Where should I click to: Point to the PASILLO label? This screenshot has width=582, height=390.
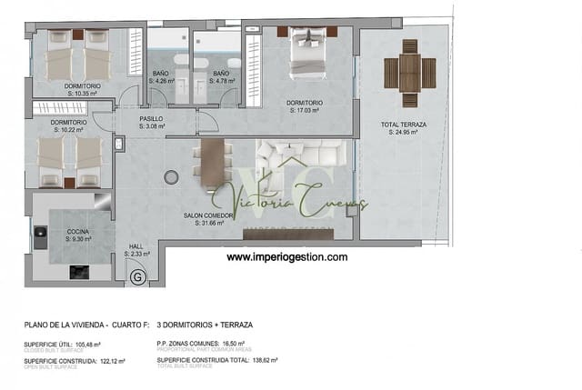click(x=152, y=122)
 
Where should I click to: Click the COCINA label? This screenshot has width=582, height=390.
click(x=77, y=235)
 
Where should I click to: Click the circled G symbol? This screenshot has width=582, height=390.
click(x=137, y=277)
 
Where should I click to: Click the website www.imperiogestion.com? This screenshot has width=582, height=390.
click(x=286, y=257)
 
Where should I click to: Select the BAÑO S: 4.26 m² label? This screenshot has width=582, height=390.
click(x=166, y=76)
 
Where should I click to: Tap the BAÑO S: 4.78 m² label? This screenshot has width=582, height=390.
click(x=222, y=76)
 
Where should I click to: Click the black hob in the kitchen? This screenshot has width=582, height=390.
click(x=79, y=272)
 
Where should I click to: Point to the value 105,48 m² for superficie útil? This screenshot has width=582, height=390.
click(x=87, y=345)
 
